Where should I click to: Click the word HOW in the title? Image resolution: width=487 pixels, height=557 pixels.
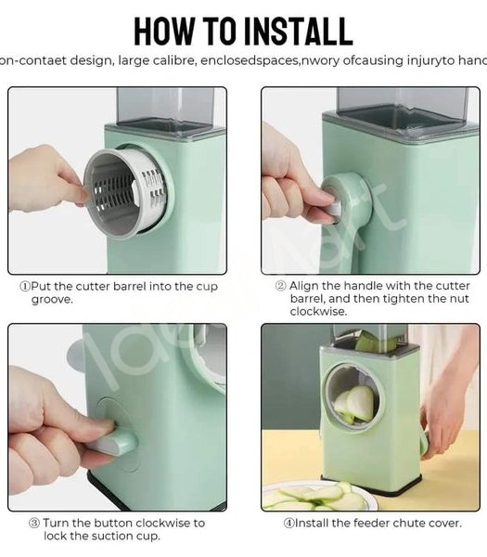167,31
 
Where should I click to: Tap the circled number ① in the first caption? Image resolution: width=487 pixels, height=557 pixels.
25,287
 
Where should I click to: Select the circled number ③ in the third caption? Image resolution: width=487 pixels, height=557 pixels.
34,523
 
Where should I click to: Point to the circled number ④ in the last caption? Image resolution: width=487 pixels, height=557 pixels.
288,523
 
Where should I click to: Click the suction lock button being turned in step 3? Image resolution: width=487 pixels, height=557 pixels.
104,436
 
